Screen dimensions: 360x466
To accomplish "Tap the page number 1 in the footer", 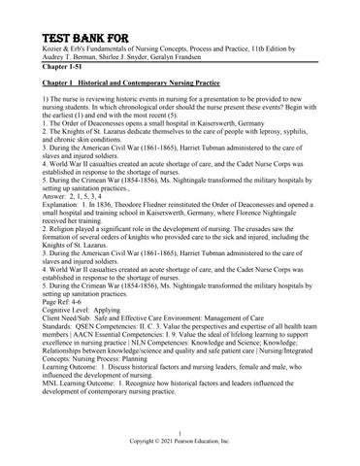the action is pyautogui.click(x=180, y=431).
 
